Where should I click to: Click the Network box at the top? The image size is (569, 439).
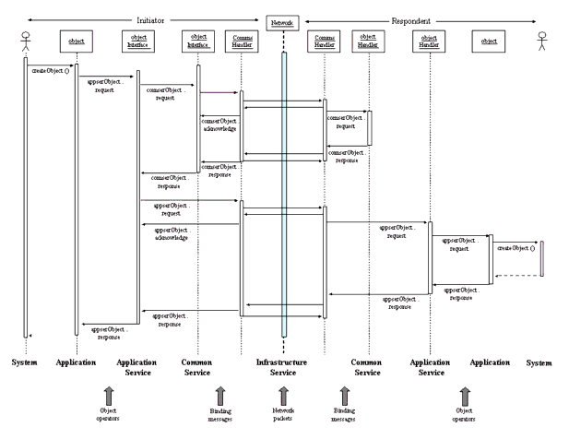pyautogui.click(x=283, y=20)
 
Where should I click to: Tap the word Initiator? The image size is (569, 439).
pyautogui.click(x=150, y=20)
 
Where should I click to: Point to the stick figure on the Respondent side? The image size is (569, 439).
pyautogui.click(x=542, y=41)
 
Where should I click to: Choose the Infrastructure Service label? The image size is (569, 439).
pyautogui.click(x=281, y=367)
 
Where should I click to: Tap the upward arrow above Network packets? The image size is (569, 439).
pyautogui.click(x=283, y=391)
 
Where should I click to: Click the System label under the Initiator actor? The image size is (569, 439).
pyautogui.click(x=24, y=362)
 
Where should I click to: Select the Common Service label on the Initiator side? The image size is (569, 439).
pyautogui.click(x=197, y=367)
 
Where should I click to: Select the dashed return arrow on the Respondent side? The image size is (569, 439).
pyautogui.click(x=516, y=275)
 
